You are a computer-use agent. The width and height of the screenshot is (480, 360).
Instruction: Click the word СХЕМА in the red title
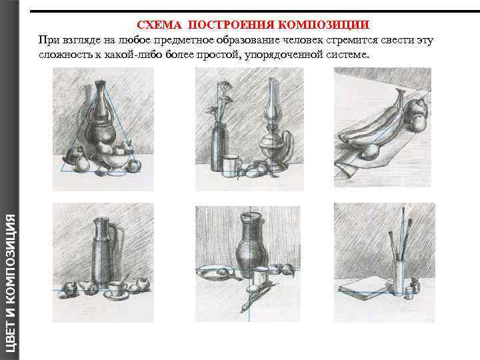(x=159, y=25)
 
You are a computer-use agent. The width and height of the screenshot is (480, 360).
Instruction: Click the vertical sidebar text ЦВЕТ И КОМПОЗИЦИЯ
(x=10, y=283)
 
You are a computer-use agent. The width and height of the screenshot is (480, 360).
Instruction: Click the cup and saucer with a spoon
(x=116, y=290)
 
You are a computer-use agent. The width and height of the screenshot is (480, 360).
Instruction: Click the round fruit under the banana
(x=371, y=151)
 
